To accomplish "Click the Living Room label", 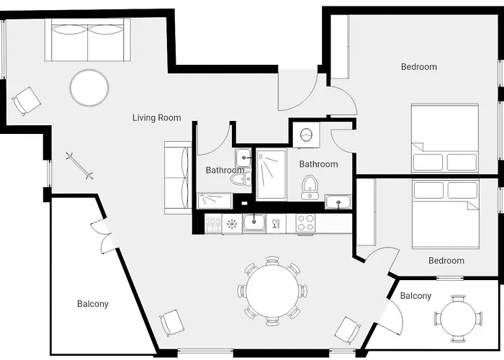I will [x=156, y=117].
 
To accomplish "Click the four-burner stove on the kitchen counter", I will [x=305, y=223].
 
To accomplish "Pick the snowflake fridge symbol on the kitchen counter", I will [x=232, y=224].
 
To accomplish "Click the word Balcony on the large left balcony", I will [x=93, y=304].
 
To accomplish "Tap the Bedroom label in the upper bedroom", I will [x=418, y=67].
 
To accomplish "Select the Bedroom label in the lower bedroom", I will [x=446, y=261].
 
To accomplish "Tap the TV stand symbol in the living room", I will [x=79, y=165].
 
